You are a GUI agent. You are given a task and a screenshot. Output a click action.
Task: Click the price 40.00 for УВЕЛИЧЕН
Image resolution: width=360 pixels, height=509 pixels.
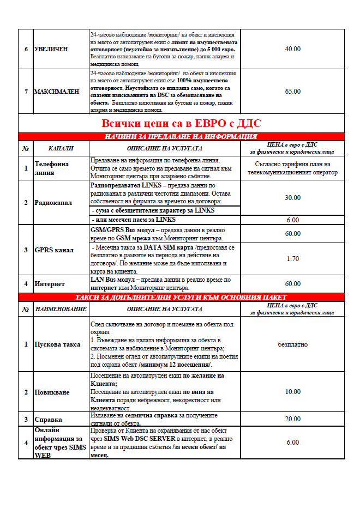pos(293,49)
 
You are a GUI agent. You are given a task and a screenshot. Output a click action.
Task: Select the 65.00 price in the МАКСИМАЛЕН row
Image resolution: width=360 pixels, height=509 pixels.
pos(293,91)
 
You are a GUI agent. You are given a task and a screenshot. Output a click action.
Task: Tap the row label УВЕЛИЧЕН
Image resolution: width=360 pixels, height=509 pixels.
pos(51,49)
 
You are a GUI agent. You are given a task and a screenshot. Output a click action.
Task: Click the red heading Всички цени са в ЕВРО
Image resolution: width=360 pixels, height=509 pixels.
pos(181,123)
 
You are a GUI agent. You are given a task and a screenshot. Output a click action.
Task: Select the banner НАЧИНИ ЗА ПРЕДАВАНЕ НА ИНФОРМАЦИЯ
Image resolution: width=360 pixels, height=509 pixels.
pos(181,137)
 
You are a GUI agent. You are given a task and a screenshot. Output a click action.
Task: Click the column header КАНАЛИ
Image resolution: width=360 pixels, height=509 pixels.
pos(61,148)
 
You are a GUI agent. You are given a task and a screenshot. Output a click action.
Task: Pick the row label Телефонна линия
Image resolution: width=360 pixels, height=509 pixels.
pos(52,168)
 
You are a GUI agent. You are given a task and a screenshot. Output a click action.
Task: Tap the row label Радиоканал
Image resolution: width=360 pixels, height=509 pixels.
pos(53,202)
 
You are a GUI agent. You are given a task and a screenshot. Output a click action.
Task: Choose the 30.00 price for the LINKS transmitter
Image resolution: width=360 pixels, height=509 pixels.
pos(293,197)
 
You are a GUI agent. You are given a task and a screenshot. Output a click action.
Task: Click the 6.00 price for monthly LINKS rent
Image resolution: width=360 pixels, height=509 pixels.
pos(293,220)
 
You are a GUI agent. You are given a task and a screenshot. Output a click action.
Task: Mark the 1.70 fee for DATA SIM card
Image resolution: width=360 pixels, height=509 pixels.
pos(293,259)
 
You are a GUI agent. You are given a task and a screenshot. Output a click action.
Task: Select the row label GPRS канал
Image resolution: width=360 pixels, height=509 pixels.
pos(54,250)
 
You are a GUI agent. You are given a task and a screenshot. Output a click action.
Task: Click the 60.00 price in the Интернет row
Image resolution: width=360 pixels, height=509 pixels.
pos(293,284)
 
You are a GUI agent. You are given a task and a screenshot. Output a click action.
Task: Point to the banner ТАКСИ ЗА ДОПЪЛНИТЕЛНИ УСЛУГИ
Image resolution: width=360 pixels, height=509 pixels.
pos(181,297)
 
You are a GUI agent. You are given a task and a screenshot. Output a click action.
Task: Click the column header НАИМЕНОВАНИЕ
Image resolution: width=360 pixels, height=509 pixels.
pos(61,309)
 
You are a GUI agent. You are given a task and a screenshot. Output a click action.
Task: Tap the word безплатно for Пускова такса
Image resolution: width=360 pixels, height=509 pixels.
pos(293,344)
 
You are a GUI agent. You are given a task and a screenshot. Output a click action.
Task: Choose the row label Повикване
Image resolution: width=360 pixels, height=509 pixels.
pos(52,392)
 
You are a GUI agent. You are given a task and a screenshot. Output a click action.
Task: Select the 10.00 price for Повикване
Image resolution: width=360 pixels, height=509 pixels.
pos(293,392)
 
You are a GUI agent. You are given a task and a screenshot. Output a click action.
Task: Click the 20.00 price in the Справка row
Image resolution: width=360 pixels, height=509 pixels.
pos(293,419)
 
